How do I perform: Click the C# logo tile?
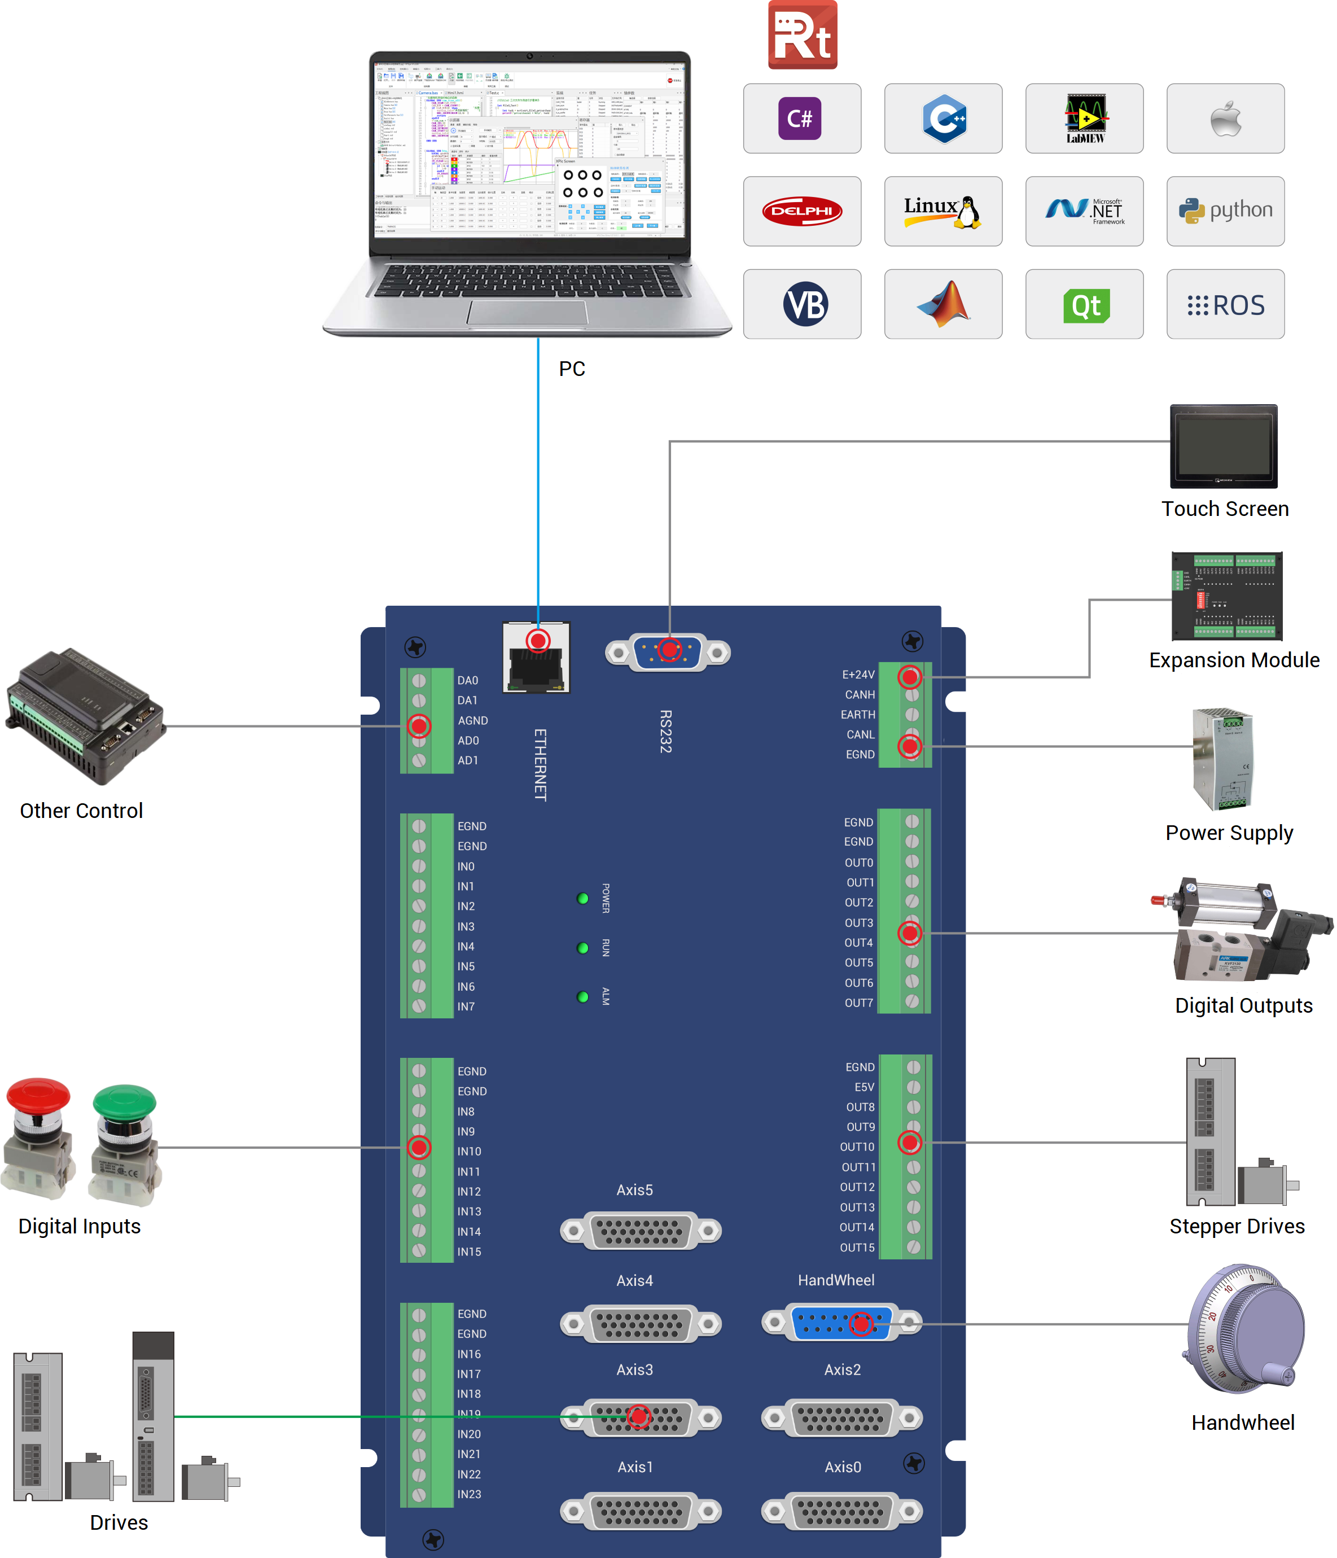(801, 119)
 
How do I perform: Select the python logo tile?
(1225, 211)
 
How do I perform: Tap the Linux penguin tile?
(943, 211)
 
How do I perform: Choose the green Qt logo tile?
(1084, 304)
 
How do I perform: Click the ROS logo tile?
(1225, 304)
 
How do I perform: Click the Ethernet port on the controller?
(536, 658)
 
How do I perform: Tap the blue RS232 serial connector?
(668, 652)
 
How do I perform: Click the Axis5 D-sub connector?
(641, 1231)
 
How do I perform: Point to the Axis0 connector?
(841, 1511)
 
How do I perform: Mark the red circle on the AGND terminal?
(419, 725)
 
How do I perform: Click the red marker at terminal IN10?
(419, 1148)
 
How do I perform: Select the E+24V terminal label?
(858, 675)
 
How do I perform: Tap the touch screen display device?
(1224, 447)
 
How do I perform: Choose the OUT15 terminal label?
(857, 1248)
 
